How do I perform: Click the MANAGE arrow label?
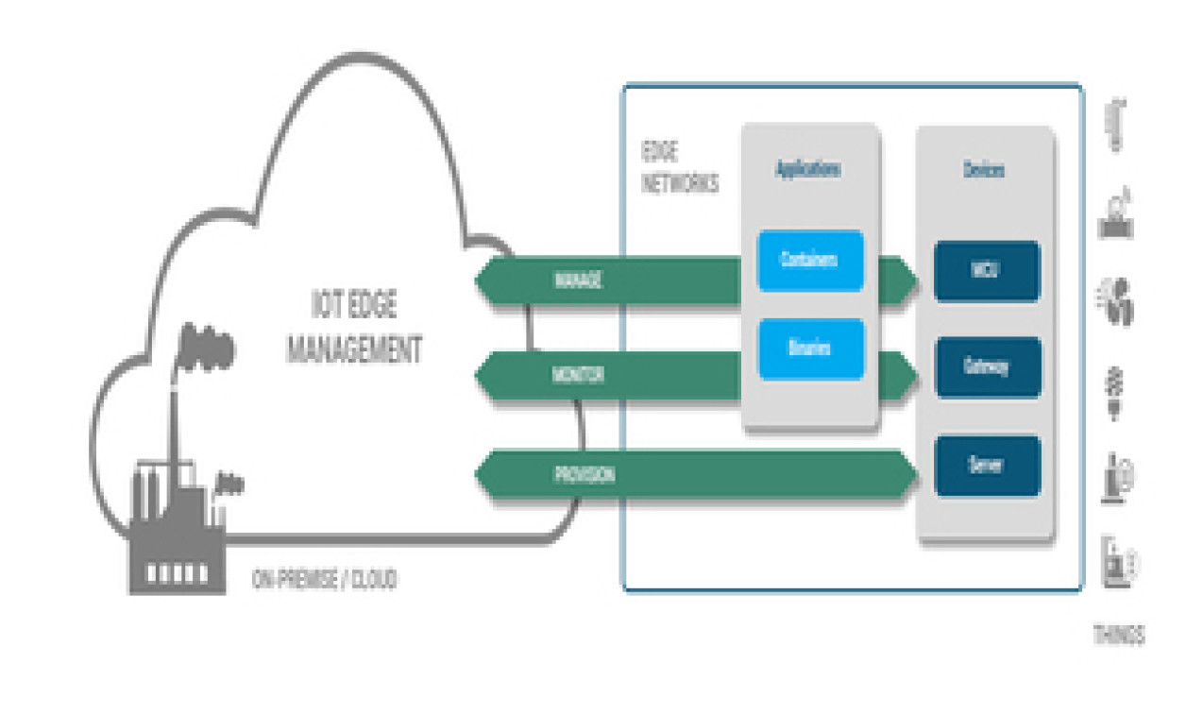click(x=577, y=280)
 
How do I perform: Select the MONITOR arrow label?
click(x=577, y=376)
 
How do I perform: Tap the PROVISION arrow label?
click(x=584, y=475)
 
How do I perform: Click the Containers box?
click(x=810, y=261)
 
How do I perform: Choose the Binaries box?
click(x=810, y=348)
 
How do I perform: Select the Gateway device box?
click(x=987, y=367)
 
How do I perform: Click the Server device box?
click(x=987, y=466)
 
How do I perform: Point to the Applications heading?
click(x=808, y=171)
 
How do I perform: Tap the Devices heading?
click(x=984, y=171)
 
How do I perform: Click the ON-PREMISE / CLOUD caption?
click(x=324, y=580)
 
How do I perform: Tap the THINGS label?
click(x=1119, y=636)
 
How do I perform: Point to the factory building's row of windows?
click(x=178, y=572)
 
